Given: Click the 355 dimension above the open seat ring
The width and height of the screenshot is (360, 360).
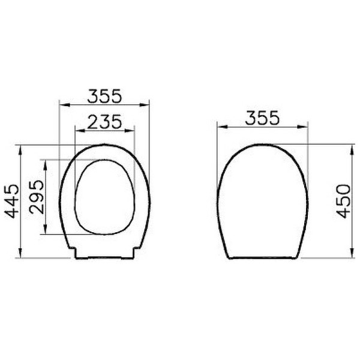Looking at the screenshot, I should tap(104, 94).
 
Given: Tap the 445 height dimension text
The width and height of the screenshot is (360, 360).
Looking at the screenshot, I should tap(10, 202).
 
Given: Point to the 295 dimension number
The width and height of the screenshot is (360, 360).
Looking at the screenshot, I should tap(36, 197).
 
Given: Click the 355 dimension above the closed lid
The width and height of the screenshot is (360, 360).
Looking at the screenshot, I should tap(262, 118).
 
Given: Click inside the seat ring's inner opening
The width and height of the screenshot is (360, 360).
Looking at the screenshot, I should tap(104, 197).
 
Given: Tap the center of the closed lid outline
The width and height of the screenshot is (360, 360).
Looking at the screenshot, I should tap(262, 201).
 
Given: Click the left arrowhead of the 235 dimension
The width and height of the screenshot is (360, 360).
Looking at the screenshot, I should tap(77, 130).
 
